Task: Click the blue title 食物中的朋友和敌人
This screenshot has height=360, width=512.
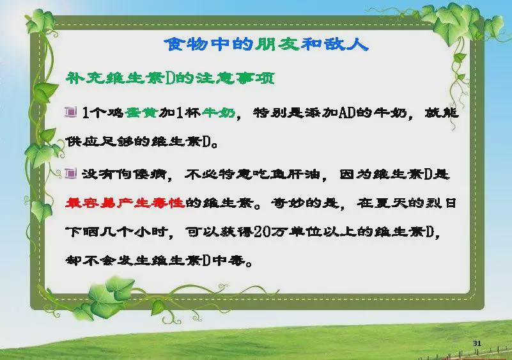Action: click(266, 44)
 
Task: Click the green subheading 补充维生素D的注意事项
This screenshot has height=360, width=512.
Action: click(170, 79)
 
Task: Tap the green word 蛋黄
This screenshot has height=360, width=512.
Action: click(141, 113)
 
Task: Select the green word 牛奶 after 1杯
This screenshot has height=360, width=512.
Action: click(219, 113)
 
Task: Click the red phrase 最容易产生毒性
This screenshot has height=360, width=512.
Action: click(125, 203)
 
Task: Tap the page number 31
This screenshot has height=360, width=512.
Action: click(477, 343)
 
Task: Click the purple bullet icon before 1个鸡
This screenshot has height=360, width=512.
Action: click(70, 112)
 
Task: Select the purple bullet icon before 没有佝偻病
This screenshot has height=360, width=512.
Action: click(70, 173)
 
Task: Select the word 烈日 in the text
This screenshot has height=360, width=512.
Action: click(442, 203)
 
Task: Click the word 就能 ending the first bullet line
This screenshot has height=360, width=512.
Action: click(442, 113)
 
